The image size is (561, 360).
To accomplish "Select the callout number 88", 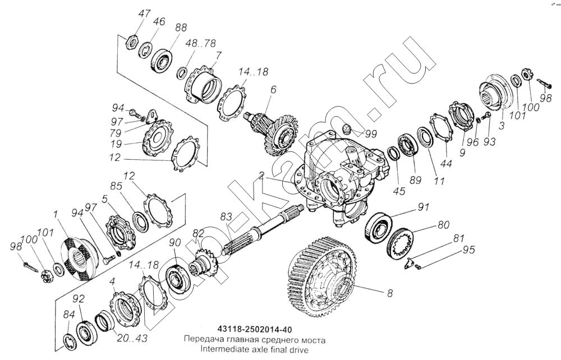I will click(181, 29).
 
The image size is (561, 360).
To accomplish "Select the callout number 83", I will click(226, 216).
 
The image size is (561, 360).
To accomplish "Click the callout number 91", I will click(422, 207).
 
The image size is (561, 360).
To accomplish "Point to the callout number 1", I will click(56, 214).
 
